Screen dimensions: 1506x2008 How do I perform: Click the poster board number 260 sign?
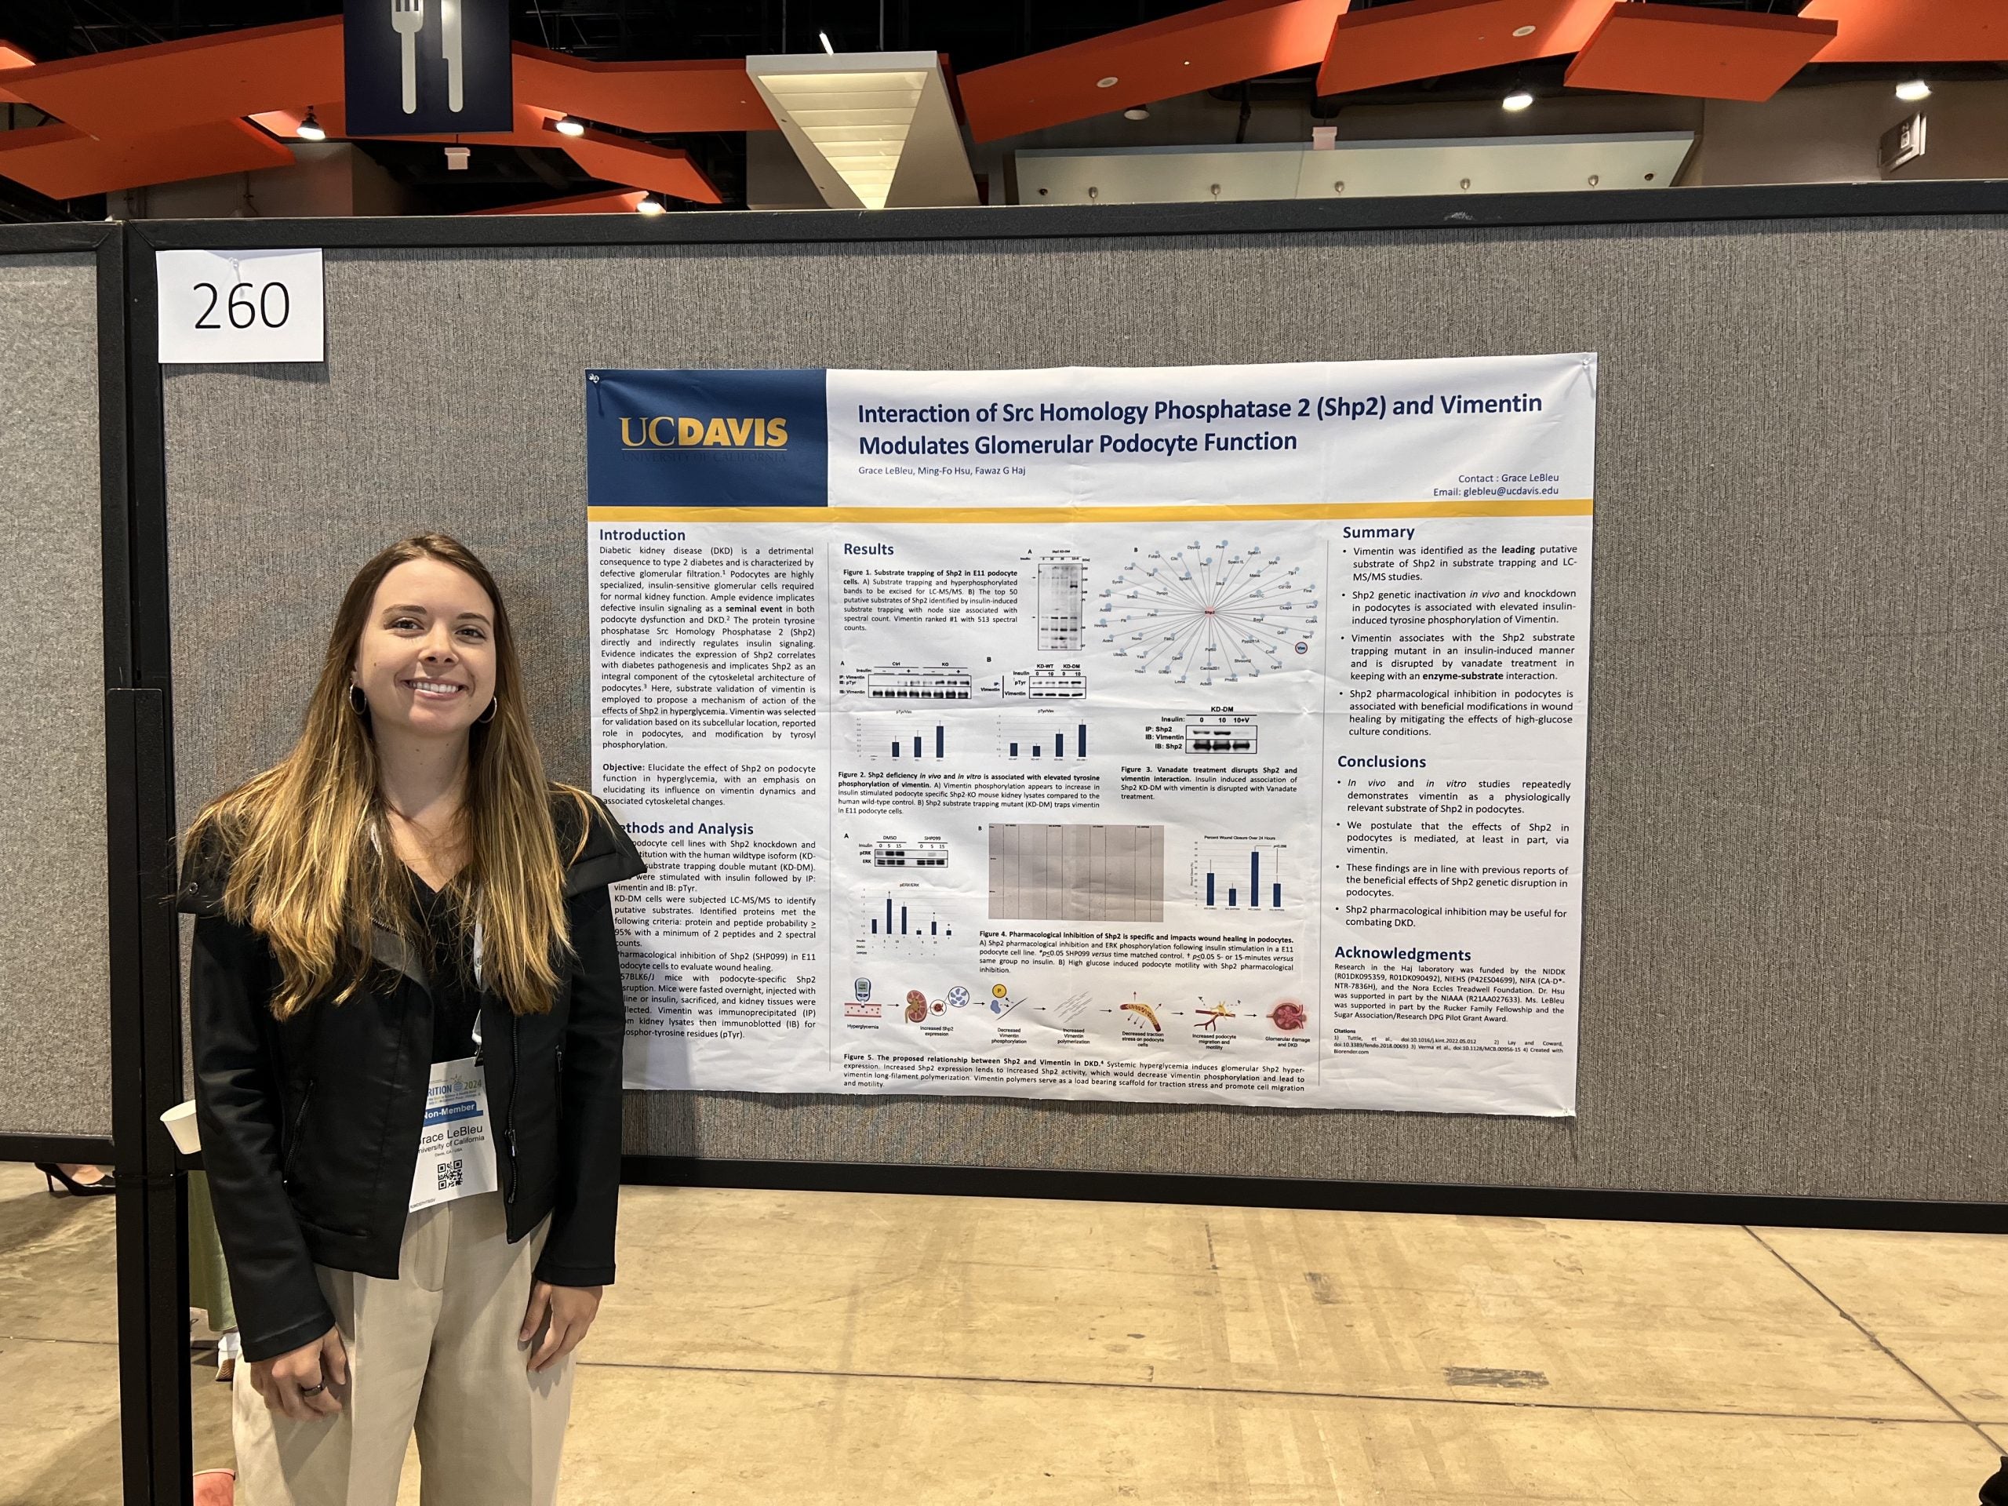(241, 305)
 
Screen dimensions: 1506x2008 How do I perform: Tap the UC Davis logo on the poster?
(703, 434)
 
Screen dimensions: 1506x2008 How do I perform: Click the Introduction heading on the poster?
(642, 535)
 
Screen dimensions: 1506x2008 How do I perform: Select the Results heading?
(868, 549)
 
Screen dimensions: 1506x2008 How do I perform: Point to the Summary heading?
(1378, 532)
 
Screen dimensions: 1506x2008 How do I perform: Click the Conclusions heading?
(1381, 762)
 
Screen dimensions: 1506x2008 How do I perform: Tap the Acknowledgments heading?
(1402, 954)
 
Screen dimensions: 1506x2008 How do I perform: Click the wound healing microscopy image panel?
(1075, 872)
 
